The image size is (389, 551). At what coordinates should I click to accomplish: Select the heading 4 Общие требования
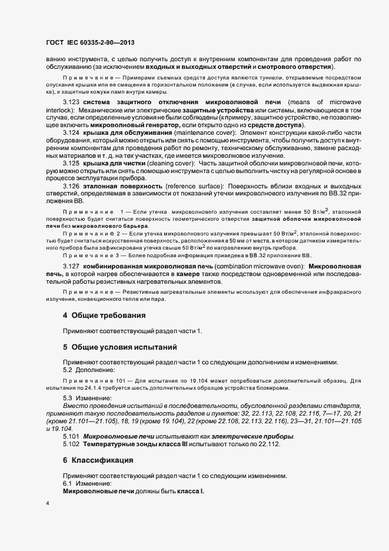(x=103, y=316)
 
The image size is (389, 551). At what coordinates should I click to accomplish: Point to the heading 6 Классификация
(x=98, y=459)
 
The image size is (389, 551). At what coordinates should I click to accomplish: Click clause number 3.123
(x=71, y=102)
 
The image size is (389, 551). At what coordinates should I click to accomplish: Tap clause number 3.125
(x=71, y=162)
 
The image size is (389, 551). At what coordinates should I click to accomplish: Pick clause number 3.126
(x=71, y=185)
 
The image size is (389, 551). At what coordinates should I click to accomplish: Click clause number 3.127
(x=71, y=267)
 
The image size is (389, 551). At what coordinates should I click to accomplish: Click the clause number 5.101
(x=71, y=436)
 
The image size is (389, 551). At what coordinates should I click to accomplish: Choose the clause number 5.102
(x=71, y=444)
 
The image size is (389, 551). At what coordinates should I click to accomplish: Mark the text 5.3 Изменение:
(x=87, y=399)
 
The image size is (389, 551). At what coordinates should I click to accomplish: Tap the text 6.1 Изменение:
(x=87, y=483)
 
